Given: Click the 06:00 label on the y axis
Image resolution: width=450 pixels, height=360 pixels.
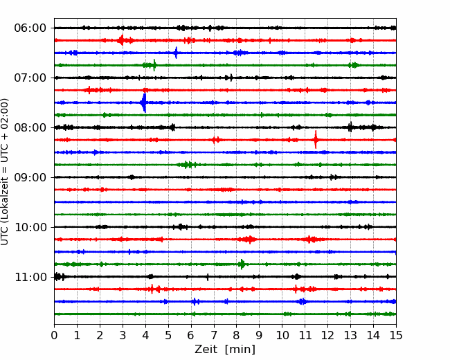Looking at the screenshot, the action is tap(30, 28).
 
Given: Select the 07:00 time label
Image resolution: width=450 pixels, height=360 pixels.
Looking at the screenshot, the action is tap(30, 78).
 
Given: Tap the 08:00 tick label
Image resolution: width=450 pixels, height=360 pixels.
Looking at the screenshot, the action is tap(30, 127).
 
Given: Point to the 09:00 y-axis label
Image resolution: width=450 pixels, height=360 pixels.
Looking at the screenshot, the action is tap(30, 177).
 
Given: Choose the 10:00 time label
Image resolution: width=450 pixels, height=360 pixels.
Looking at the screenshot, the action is tap(30, 227).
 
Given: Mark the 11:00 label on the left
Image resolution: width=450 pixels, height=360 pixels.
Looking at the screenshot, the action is tap(30, 277).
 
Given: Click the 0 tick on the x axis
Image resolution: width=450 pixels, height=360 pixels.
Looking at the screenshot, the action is tap(54, 335).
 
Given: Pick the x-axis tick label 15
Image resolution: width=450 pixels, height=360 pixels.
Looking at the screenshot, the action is tap(396, 335).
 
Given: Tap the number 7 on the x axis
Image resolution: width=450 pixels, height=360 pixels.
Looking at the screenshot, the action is tap(214, 335).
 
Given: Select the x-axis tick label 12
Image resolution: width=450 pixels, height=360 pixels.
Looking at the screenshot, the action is tap(327, 335).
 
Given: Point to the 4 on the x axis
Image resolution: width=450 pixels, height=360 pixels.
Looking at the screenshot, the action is tap(145, 335).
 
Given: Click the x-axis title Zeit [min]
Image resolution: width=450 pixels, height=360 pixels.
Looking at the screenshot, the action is tap(225, 350).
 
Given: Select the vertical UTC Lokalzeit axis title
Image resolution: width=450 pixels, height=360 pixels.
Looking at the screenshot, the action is tap(5, 172).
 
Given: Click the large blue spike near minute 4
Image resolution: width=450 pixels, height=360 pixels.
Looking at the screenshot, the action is tap(144, 102).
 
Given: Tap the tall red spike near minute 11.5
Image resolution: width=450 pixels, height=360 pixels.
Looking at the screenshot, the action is tap(316, 140).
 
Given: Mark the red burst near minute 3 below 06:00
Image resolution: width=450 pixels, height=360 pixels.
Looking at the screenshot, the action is tap(121, 40).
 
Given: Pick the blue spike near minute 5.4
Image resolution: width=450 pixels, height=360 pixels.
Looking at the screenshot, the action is tap(177, 53).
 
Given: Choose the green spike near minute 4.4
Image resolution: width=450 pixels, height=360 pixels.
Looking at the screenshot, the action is tap(154, 65).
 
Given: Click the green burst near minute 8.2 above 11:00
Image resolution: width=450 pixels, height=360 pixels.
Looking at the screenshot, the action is tap(242, 264).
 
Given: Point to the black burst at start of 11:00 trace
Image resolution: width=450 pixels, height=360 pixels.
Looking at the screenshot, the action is tap(59, 276).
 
